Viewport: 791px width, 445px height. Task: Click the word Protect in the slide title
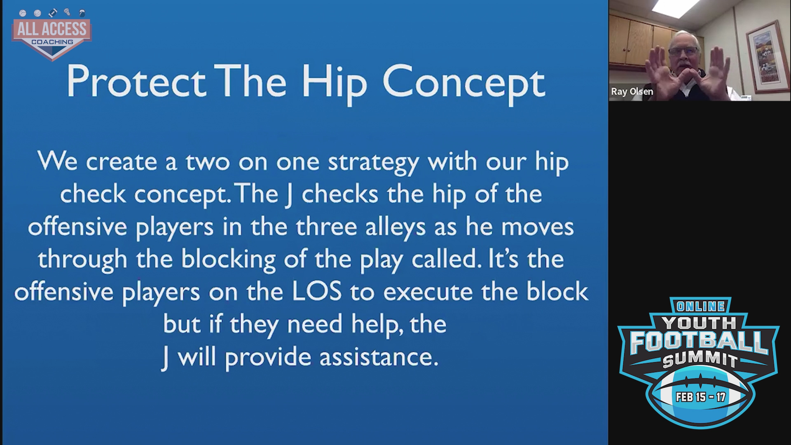136,82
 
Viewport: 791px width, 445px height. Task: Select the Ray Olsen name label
632,91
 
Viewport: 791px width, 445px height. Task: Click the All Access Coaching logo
51,35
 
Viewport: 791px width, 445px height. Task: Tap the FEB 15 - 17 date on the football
700,397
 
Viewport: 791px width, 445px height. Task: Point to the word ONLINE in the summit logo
700,306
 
